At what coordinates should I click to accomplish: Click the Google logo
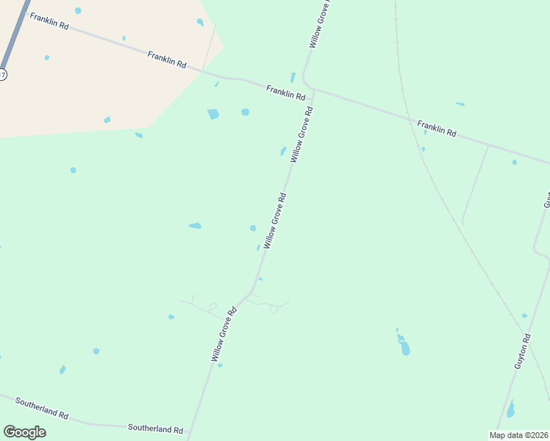[x=24, y=431]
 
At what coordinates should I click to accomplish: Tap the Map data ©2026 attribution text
[x=518, y=435]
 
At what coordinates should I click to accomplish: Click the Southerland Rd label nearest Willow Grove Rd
[x=155, y=429]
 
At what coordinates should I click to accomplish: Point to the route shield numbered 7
[x=2, y=74]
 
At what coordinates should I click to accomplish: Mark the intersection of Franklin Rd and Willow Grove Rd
[x=313, y=90]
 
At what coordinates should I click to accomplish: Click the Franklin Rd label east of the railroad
[x=437, y=129]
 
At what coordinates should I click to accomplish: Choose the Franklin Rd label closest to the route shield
[x=49, y=21]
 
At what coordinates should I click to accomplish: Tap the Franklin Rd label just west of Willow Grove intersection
[x=285, y=92]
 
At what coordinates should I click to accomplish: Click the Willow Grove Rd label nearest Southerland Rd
[x=224, y=334]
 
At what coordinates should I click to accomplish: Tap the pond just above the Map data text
[x=510, y=409]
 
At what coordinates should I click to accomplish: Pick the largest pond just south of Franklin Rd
[x=213, y=114]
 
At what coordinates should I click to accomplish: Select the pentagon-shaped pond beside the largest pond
[x=245, y=112]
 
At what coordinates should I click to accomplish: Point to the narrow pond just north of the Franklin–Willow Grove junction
[x=293, y=77]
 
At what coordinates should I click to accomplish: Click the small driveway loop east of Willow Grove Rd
[x=274, y=309]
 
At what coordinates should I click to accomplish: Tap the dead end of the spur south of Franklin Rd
[x=463, y=221]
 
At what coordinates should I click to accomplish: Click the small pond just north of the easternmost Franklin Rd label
[x=460, y=104]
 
